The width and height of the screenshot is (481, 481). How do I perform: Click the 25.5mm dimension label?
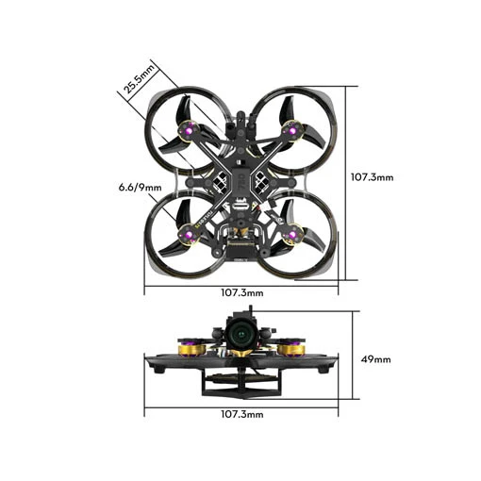[x=140, y=79]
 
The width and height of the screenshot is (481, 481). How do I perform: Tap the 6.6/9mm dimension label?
[x=140, y=188]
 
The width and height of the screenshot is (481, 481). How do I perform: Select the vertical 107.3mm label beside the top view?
[x=372, y=177]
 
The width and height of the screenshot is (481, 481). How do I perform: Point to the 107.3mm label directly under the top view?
[x=242, y=293]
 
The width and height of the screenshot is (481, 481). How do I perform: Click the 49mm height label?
[x=375, y=359]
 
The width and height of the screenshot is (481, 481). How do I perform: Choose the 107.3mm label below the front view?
[x=242, y=414]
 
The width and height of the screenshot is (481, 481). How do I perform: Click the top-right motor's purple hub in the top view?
[x=292, y=130]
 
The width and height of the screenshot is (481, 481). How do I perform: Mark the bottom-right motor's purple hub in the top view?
[x=292, y=235]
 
